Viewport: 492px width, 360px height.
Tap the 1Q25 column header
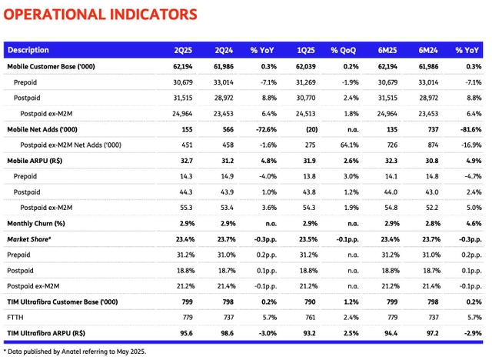(x=306, y=51)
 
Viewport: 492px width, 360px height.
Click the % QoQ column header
(x=346, y=51)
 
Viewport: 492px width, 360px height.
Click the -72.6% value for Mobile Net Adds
(x=264, y=131)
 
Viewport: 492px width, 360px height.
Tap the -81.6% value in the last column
(x=469, y=131)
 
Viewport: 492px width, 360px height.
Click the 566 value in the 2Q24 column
(x=226, y=131)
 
